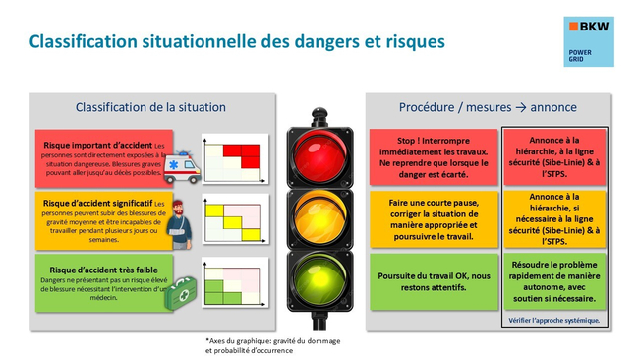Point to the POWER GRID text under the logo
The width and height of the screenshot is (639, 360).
click(x=582, y=57)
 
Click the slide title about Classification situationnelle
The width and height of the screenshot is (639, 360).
click(x=236, y=42)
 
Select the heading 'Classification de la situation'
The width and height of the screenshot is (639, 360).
click(x=150, y=106)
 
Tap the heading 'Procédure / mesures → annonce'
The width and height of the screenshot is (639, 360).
click(x=488, y=106)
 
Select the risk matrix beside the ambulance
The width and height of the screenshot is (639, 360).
click(x=235, y=156)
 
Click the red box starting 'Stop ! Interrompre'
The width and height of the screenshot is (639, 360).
click(x=434, y=154)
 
